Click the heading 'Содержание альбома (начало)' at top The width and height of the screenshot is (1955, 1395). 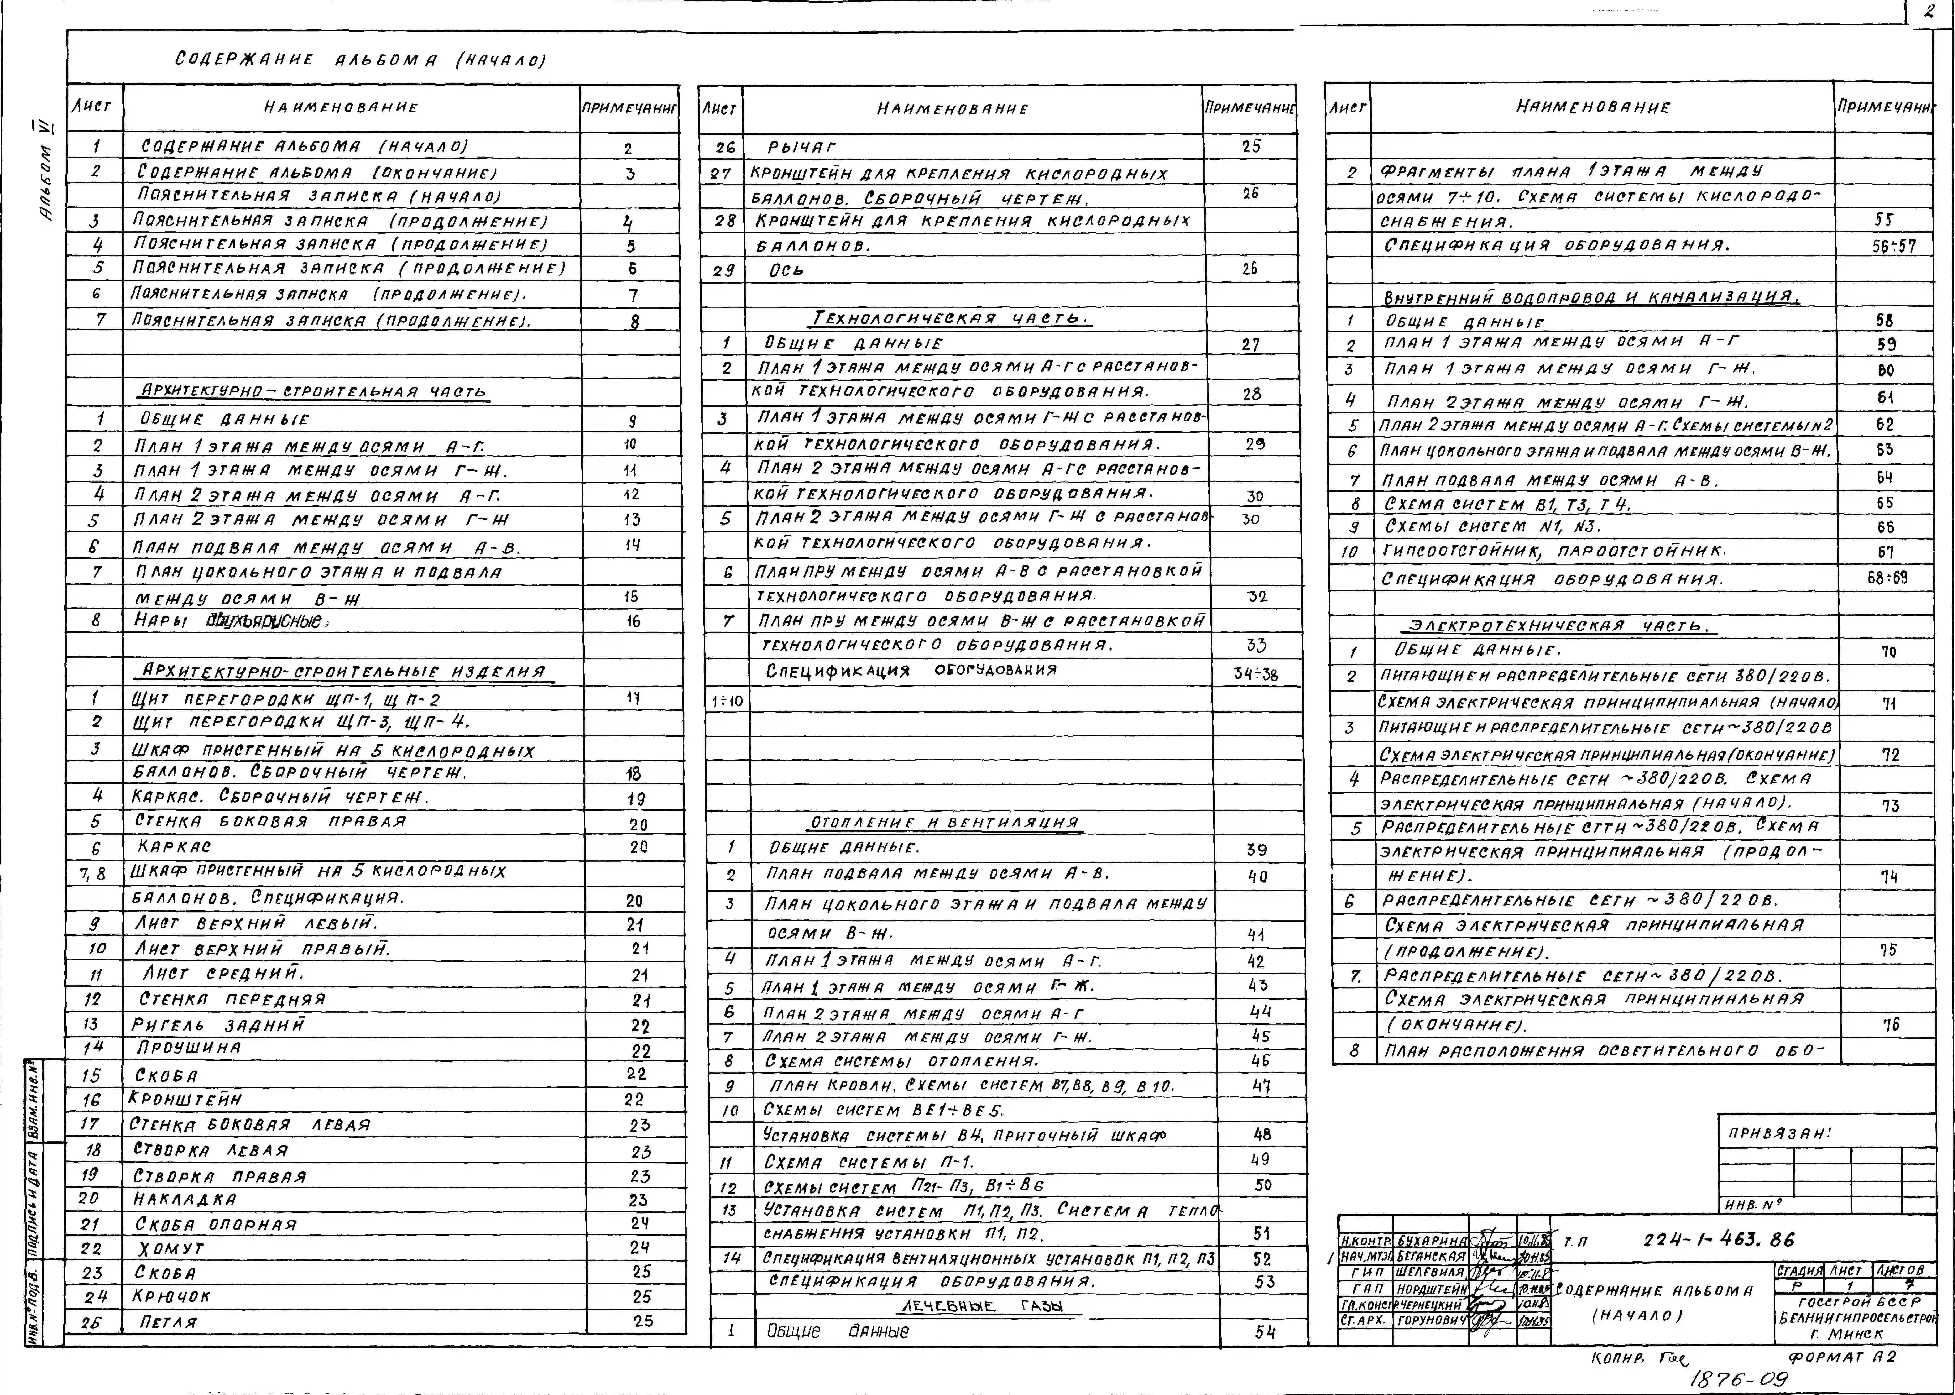pyautogui.click(x=361, y=60)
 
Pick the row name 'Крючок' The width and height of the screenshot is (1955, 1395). pyautogui.click(x=172, y=1296)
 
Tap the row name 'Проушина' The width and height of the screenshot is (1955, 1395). pyautogui.click(x=189, y=1048)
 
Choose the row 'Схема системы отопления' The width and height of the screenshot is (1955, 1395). pyautogui.click(x=902, y=1061)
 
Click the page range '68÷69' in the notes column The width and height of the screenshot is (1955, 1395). pyautogui.click(x=1887, y=578)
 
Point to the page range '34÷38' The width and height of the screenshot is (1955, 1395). pyautogui.click(x=1255, y=674)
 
